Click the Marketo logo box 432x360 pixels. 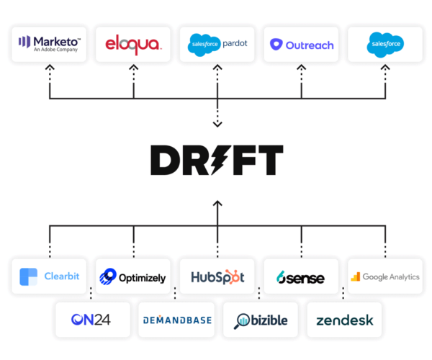(50, 45)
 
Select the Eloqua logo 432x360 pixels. (133, 45)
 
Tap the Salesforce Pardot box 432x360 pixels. (217, 45)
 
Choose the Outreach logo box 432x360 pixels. (301, 45)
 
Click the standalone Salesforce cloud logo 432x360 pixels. (385, 45)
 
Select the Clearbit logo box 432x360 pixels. (50, 276)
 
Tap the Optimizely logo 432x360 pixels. (133, 276)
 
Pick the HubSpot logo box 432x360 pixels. (217, 276)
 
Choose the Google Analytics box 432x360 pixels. (385, 276)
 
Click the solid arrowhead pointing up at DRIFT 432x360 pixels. (217, 204)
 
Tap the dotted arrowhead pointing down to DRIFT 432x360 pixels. (217, 125)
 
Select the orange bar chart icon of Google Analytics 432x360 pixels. (355, 276)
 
